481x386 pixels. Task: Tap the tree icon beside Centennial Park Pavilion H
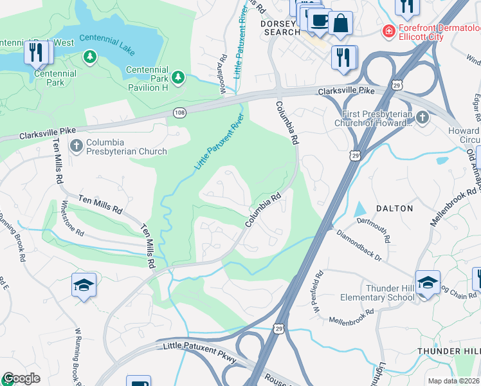[178, 78]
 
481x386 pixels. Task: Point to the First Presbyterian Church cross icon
[422, 117]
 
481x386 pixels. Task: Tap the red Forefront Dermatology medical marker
[388, 30]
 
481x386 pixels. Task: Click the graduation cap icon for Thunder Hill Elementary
[428, 282]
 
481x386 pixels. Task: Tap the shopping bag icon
[340, 23]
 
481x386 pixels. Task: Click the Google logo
[21, 378]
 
